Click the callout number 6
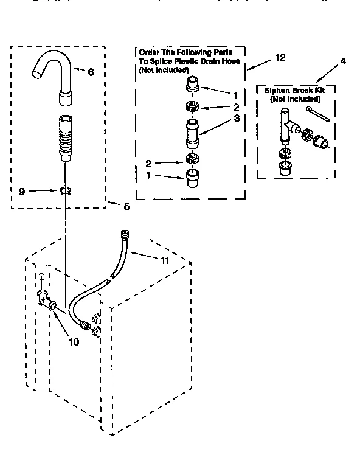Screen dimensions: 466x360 click(x=90, y=72)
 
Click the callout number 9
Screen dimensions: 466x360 click(x=22, y=191)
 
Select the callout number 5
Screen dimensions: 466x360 click(x=126, y=206)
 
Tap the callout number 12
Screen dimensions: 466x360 click(x=280, y=58)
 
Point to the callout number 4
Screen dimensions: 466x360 click(x=343, y=61)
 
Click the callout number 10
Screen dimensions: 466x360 click(x=74, y=341)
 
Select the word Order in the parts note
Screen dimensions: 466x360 click(x=150, y=53)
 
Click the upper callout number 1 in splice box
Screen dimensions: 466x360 click(x=234, y=96)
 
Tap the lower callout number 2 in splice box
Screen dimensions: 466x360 click(x=148, y=162)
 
